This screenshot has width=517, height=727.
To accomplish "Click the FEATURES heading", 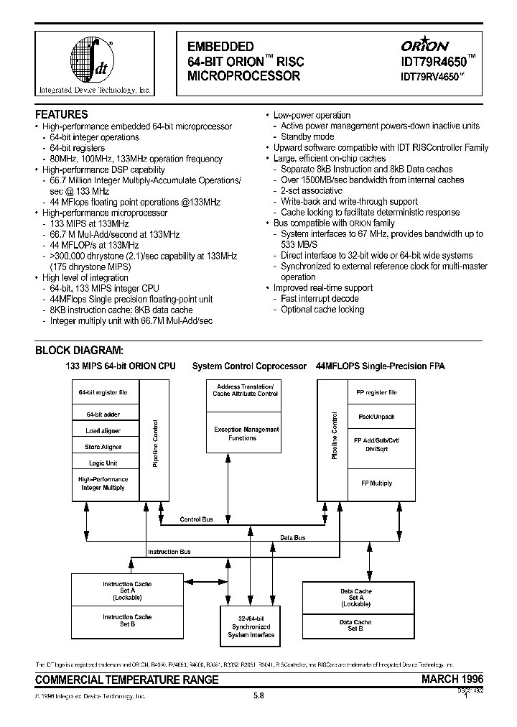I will tap(62, 114).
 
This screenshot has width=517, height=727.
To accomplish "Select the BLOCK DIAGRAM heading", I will tap(80, 351).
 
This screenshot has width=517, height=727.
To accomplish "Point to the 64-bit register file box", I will tap(103, 392).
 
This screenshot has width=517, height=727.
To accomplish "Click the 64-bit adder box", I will tap(103, 415).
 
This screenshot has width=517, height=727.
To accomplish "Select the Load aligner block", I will tap(103, 431).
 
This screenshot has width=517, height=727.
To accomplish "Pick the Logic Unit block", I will tap(103, 463).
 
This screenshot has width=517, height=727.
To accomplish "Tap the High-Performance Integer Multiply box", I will tap(103, 483).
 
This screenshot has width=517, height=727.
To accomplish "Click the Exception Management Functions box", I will tap(246, 433).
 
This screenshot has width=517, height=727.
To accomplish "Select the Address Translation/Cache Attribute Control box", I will tap(246, 390).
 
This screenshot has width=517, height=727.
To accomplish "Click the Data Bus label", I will tap(292, 537).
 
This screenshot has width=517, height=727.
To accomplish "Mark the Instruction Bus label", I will tap(169, 552).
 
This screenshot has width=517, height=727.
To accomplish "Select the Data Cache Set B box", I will tap(355, 625).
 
